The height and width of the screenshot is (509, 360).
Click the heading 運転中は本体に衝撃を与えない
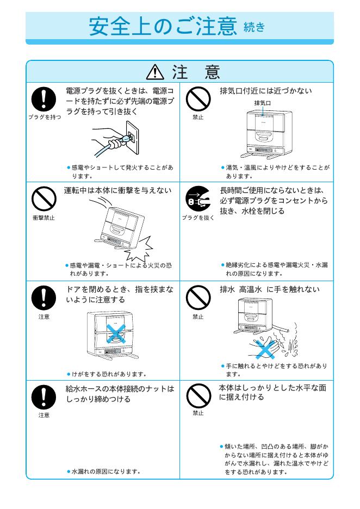(119, 190)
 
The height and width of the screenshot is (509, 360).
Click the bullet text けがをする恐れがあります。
(104, 374)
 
